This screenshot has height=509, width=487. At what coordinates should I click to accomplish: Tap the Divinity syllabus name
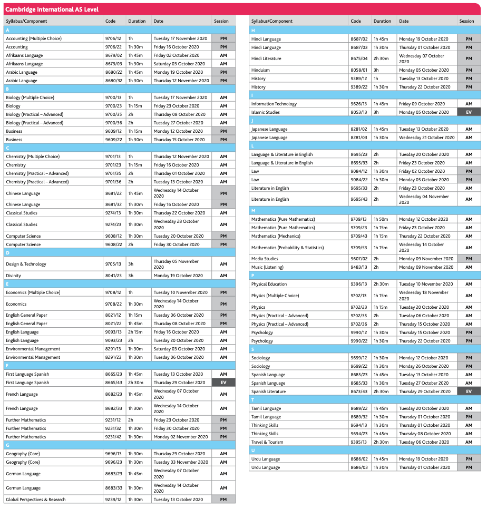14,276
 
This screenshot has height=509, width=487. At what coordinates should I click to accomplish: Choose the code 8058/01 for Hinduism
359,70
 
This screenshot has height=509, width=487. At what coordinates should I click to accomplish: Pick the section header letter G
7,445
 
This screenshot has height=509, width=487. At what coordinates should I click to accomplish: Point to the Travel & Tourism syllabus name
267,442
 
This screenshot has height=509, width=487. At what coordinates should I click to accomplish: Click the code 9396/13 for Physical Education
359,284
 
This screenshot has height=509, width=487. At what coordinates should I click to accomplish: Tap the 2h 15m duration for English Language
135,332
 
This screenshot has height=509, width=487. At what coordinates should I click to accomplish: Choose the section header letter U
253,451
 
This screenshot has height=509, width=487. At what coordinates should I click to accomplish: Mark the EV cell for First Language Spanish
223,383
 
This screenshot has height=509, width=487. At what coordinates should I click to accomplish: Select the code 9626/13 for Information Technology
359,104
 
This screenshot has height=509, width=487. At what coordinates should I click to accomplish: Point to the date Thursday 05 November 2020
176,264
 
